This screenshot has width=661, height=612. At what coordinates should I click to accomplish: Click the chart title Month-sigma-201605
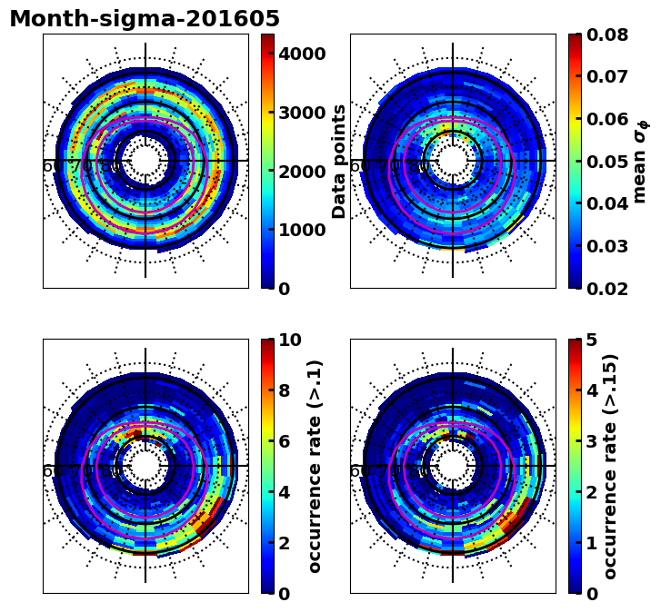(x=145, y=19)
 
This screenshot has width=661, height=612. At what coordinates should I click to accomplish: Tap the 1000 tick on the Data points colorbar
(x=302, y=230)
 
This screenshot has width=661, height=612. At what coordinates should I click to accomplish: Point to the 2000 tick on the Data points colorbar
(x=302, y=172)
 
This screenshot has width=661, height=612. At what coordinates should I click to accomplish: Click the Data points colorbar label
(x=340, y=161)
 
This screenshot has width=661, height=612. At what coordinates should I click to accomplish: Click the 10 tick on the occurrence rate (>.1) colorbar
(x=290, y=340)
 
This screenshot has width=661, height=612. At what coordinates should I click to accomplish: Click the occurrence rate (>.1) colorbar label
(x=315, y=466)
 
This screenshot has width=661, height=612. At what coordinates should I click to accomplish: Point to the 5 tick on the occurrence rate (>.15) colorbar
(x=592, y=340)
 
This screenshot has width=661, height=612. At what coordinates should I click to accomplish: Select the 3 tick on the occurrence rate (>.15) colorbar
(x=592, y=441)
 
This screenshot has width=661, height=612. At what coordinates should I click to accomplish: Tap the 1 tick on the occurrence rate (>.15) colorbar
(x=592, y=543)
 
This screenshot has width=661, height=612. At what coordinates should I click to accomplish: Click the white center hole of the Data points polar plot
(x=145, y=161)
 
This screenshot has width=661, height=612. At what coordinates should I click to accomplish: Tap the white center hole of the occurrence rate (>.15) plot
(x=453, y=466)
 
